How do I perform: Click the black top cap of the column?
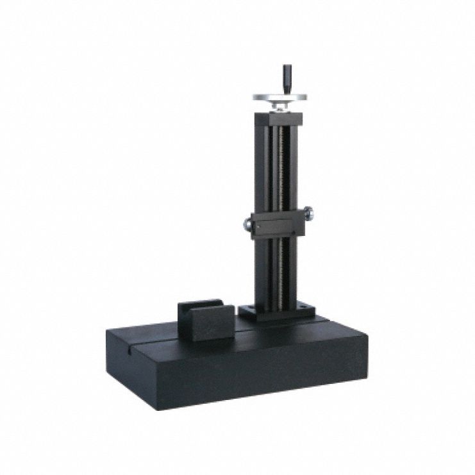click(278, 119)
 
